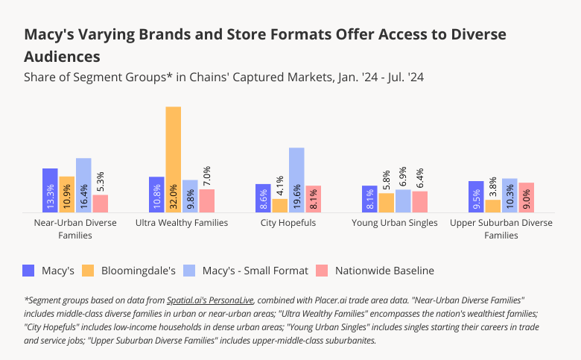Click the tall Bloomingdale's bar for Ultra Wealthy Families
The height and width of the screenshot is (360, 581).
173,160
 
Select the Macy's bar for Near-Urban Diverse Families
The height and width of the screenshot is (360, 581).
50,191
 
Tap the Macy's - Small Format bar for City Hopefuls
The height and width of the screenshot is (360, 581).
296,180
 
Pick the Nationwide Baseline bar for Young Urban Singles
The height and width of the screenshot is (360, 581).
420,202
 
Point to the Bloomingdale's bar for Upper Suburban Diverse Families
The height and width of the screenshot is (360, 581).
492,206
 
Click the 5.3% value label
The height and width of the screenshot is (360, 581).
101,181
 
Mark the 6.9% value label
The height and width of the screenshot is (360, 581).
404,176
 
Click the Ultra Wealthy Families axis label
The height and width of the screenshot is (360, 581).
182,223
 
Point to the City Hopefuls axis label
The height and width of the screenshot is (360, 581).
288,223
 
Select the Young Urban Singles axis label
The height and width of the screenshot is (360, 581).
395,223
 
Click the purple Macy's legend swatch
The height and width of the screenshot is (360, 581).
30,271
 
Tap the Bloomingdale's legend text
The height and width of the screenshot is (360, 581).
139,271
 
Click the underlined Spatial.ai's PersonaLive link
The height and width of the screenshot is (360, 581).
210,300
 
